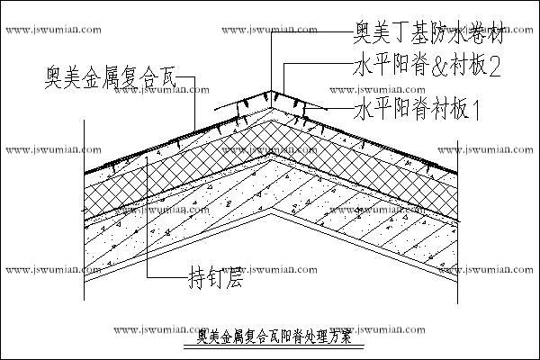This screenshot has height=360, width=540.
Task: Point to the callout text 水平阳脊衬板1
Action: click(x=419, y=112)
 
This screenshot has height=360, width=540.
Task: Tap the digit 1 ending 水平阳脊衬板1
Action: click(x=477, y=112)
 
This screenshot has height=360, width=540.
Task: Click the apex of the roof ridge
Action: click(x=270, y=91)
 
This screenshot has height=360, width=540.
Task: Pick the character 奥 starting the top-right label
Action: click(x=363, y=38)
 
